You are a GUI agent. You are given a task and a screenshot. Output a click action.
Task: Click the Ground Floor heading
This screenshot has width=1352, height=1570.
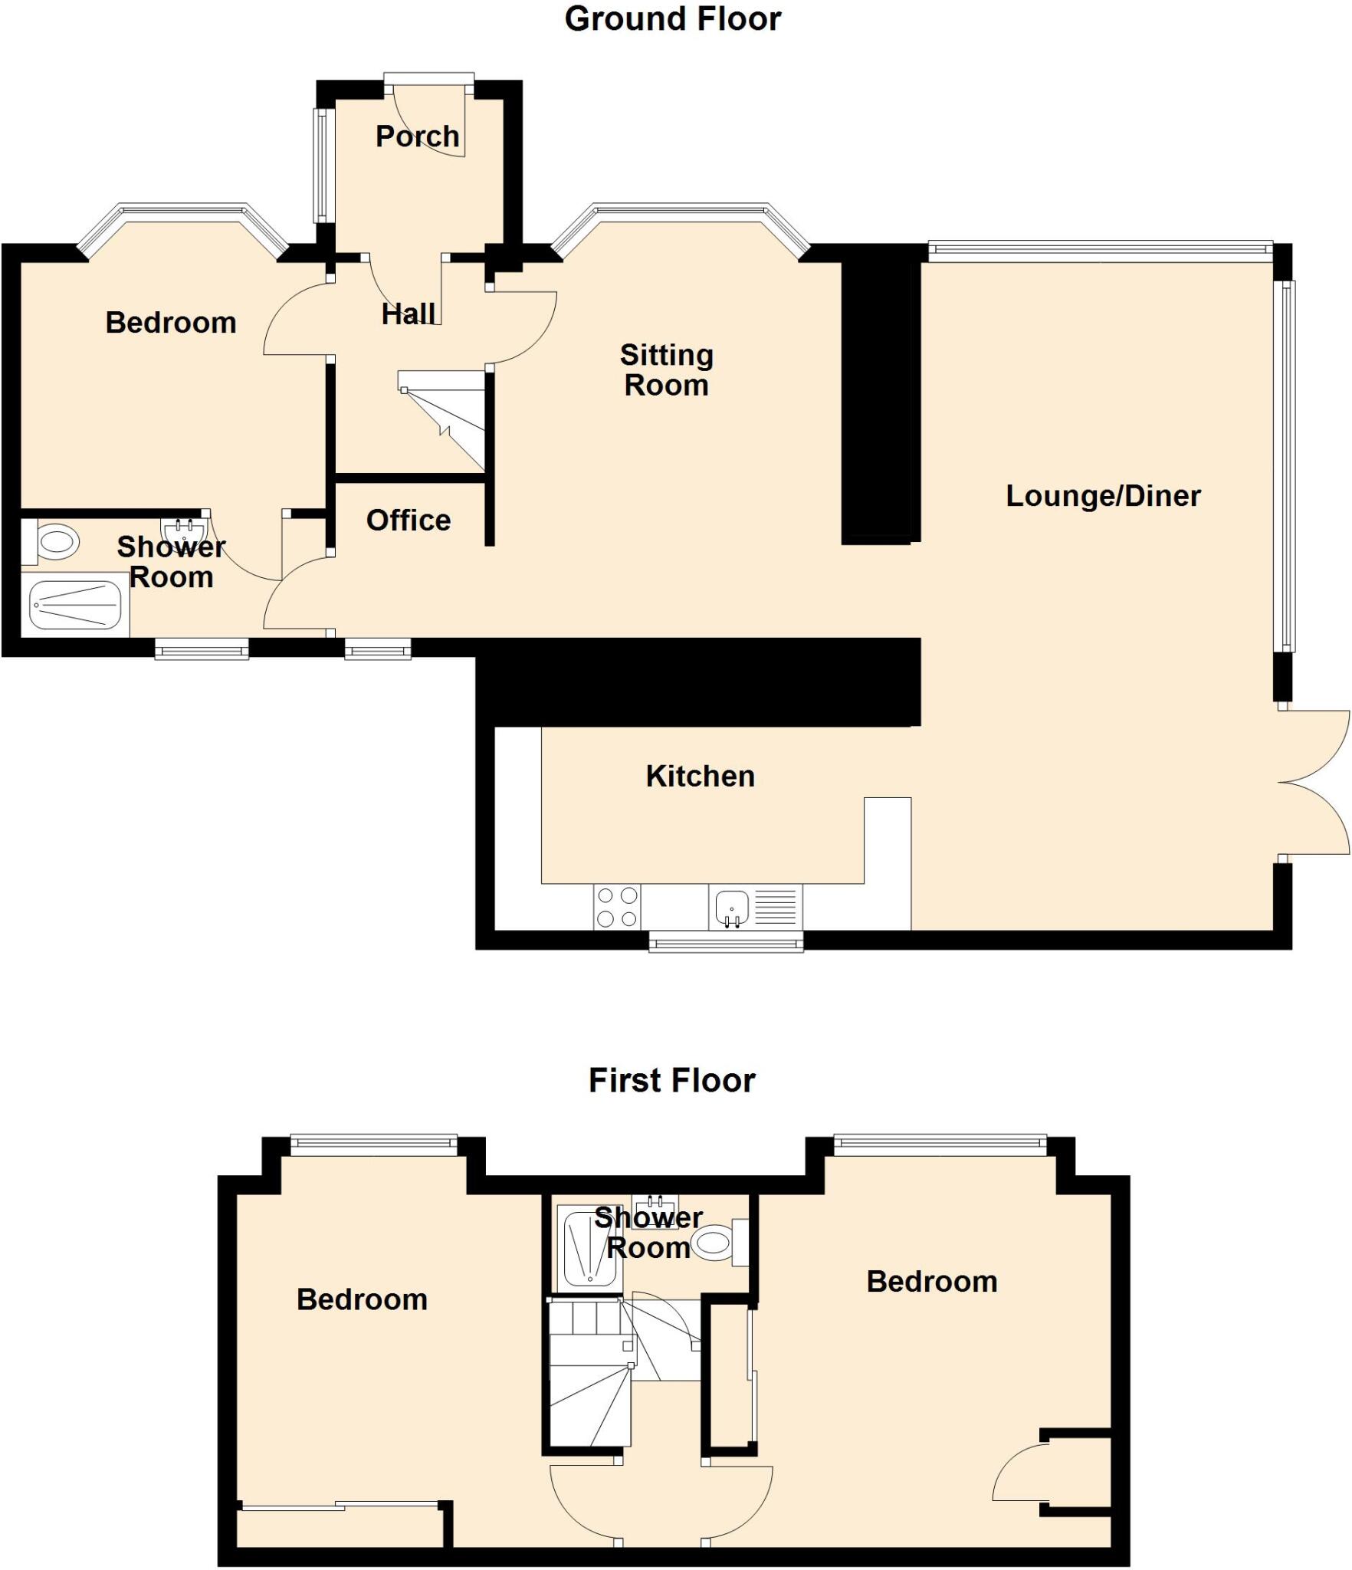[672, 19]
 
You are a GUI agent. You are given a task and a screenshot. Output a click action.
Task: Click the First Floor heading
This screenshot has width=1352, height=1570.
[671, 1080]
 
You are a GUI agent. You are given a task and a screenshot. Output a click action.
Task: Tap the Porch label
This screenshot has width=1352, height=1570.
[417, 136]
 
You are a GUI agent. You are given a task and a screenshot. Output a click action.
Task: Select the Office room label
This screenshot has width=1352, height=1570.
[408, 521]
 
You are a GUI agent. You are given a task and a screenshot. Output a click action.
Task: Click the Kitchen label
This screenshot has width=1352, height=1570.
[700, 777]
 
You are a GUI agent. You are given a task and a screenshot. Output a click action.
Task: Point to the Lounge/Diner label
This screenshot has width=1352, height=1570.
[1102, 496]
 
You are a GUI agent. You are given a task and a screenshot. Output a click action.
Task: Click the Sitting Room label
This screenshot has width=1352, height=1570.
[666, 370]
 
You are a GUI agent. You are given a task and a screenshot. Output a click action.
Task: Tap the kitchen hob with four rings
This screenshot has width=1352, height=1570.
[617, 907]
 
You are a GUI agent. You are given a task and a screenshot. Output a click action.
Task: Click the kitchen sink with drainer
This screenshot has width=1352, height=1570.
[755, 907]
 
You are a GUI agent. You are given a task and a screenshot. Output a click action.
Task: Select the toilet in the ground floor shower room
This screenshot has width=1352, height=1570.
[54, 543]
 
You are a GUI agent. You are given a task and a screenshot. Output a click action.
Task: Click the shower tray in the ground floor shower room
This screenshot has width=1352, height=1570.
[75, 605]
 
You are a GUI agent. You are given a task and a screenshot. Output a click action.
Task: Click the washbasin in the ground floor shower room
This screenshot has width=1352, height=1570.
[184, 529]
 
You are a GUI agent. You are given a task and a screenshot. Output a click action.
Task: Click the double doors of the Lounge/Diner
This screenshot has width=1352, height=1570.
[1314, 783]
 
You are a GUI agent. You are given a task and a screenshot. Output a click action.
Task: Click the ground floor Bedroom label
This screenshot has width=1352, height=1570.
[170, 323]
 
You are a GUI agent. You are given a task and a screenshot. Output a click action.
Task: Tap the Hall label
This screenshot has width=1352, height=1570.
[408, 314]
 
